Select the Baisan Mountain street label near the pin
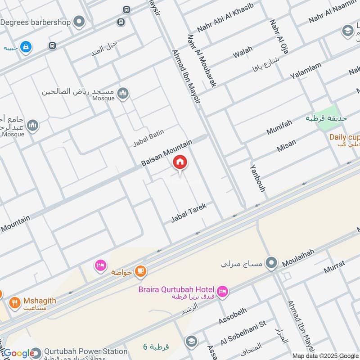coord(167,153)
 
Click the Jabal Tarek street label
coord(189,213)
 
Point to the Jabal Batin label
coord(148,138)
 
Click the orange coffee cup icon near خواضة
coord(141,270)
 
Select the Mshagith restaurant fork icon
coord(15,302)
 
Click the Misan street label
coord(287,145)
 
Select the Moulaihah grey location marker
coord(271,263)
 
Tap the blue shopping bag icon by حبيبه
coord(27,46)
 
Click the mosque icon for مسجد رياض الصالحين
coord(123,93)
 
